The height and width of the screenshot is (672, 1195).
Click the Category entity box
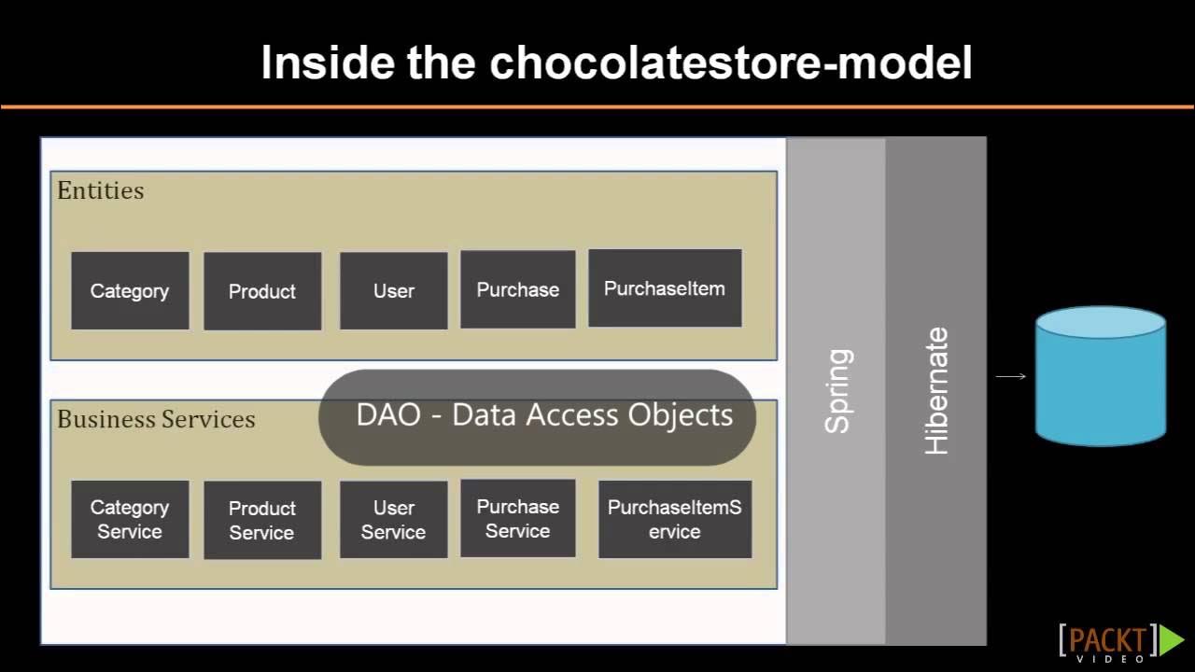coord(130,290)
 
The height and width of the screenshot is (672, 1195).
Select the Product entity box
coord(262,291)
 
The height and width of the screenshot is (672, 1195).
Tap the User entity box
coord(393,290)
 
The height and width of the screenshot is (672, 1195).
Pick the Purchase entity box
coord(517,289)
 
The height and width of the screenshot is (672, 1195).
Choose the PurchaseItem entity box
coord(665,288)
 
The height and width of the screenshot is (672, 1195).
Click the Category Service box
coord(130,519)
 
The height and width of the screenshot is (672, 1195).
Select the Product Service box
coord(262,520)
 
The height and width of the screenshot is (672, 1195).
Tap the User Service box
coord(393,520)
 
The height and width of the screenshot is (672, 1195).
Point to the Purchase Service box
coord(517,518)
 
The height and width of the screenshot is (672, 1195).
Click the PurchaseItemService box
coord(674,519)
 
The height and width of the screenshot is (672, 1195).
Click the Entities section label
coord(101,190)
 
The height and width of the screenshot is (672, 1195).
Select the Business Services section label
coord(156,419)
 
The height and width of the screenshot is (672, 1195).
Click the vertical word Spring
coord(837,390)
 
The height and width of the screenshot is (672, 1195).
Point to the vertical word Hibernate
coord(935,390)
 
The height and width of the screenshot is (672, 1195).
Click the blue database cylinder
coord(1101,375)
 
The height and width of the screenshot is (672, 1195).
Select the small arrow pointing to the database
coord(1010,376)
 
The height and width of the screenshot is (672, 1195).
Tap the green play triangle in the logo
coord(1171,640)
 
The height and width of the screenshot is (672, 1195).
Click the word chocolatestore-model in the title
coord(731,63)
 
